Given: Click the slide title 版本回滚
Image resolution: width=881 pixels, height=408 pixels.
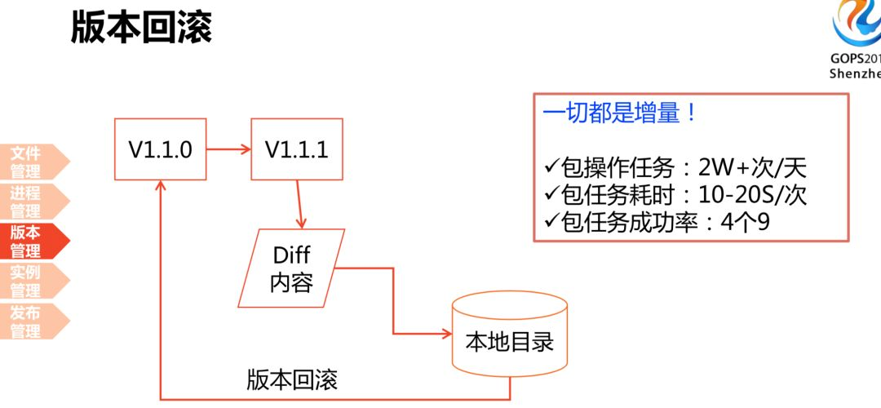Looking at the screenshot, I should click(x=141, y=28).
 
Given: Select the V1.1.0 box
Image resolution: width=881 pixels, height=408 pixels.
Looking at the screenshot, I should click(x=160, y=150).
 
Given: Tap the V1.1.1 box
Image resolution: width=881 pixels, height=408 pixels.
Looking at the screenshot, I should click(x=296, y=150).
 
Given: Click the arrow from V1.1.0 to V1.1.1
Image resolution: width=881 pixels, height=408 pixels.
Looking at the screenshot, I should click(x=228, y=149).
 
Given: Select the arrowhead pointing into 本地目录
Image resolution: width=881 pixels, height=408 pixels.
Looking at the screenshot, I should click(x=446, y=334).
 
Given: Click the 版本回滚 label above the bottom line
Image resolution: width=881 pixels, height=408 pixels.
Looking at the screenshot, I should click(x=292, y=380).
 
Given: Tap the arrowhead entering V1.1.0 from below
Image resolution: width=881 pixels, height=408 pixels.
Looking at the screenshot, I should click(x=161, y=187).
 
